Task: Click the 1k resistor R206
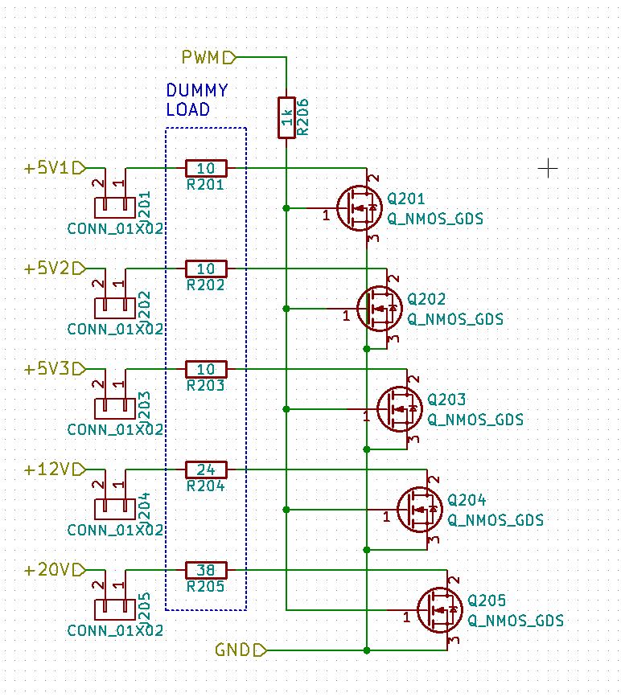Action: tap(286, 117)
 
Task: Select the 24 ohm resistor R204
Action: tap(206, 469)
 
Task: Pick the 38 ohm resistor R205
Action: tap(206, 570)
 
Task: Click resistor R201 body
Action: tap(206, 168)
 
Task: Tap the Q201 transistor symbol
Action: tap(359, 208)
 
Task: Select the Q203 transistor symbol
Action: tap(399, 409)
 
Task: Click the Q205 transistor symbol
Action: tap(439, 610)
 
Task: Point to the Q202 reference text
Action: tap(426, 299)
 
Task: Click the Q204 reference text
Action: tap(467, 500)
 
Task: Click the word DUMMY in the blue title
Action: tap(196, 91)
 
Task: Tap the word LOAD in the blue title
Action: tap(187, 110)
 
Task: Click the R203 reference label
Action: tap(205, 386)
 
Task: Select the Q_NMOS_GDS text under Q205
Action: tap(515, 621)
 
